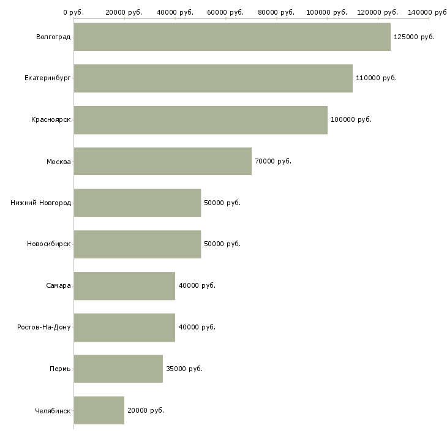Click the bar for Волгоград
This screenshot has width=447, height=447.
(232, 37)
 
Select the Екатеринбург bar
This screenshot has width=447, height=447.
(213, 78)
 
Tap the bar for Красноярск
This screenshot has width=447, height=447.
(200, 119)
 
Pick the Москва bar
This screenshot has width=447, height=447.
(162, 161)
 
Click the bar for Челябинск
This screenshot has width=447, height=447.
(99, 410)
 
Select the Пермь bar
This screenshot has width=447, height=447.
(118, 369)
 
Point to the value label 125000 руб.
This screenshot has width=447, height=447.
(414, 37)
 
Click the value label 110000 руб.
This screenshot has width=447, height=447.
(376, 78)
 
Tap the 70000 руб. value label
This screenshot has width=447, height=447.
(273, 161)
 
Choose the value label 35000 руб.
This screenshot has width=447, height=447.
(184, 369)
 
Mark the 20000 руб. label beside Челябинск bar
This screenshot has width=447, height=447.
(146, 410)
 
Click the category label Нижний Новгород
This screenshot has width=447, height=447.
(40, 203)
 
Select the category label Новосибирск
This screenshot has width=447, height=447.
(48, 244)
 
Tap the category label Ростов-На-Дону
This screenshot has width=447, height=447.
(44, 327)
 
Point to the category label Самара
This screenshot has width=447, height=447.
(58, 286)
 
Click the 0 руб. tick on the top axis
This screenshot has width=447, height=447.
(73, 12)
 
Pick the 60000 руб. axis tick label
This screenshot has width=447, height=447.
(226, 12)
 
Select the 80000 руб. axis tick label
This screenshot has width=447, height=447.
(277, 12)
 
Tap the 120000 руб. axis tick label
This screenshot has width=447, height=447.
(378, 12)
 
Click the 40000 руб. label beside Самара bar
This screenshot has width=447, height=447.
(197, 286)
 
